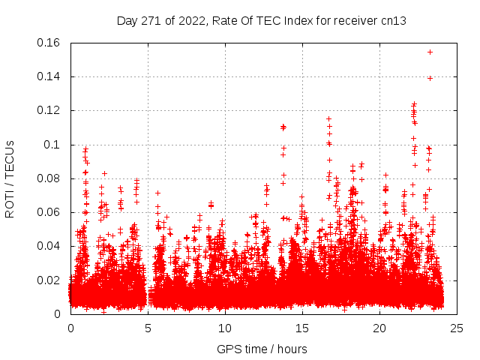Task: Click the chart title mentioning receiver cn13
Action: pos(262,20)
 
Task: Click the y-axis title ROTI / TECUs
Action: pos(10,178)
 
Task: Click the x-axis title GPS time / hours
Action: pos(262,349)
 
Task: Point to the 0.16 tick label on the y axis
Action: pos(49,43)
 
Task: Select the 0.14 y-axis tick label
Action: pos(49,76)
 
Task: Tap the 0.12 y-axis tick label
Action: pos(49,110)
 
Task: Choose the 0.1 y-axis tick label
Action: pos(54,145)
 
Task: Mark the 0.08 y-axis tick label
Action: pos(49,178)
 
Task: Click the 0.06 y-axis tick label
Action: pos(49,212)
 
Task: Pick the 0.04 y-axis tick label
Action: pos(49,246)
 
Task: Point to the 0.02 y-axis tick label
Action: pos(49,280)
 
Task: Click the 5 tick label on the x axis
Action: pos(148,328)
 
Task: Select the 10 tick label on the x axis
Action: pos(225,328)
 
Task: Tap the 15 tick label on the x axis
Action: pos(302,328)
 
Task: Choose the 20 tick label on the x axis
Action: pos(379,328)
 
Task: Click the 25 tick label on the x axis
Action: pos(457,328)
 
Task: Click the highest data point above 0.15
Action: pos(430,52)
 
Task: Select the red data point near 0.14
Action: pos(430,78)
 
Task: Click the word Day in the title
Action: pos(127,20)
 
